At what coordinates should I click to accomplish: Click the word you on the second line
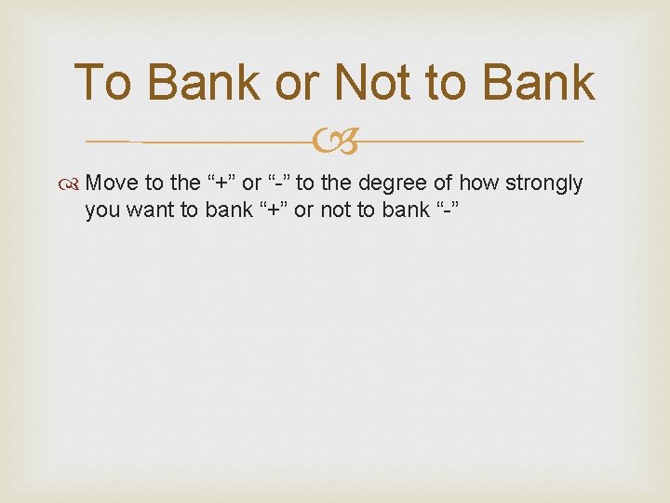click(x=102, y=211)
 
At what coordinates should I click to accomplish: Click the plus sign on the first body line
click(x=218, y=184)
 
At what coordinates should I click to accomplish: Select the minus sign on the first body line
click(x=276, y=184)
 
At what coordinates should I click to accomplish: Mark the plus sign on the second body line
click(x=274, y=211)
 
